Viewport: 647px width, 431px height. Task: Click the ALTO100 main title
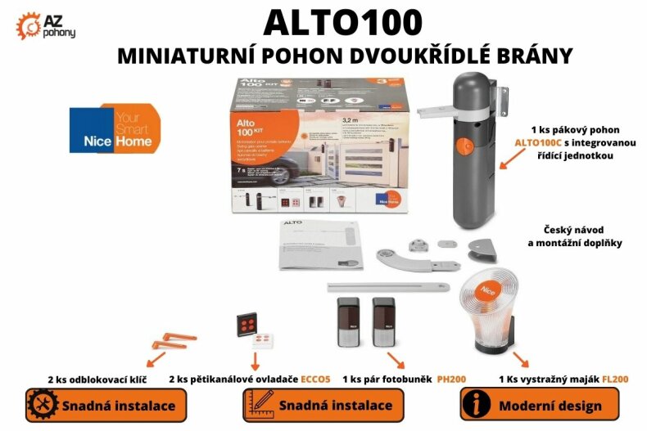click(x=343, y=21)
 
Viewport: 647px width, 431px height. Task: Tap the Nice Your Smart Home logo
click(x=115, y=128)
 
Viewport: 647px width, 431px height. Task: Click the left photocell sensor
click(x=348, y=323)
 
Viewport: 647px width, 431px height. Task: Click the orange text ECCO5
click(x=314, y=379)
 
